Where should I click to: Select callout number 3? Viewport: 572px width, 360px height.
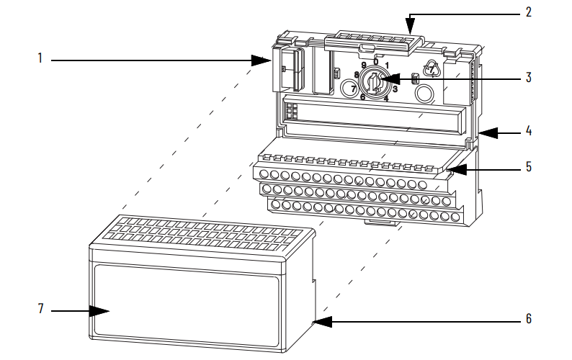(529, 76)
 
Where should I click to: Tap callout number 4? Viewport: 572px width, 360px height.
(529, 132)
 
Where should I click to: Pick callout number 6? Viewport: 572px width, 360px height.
(529, 318)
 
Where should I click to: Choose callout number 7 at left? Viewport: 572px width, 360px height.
(41, 310)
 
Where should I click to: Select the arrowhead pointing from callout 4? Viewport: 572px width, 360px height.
(482, 132)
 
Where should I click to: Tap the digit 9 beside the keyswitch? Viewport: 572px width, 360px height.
(363, 65)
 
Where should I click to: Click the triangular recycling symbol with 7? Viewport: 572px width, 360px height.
(431, 70)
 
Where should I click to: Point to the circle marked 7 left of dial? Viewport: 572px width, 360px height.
(349, 89)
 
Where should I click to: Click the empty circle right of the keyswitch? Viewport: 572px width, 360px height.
(426, 93)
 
